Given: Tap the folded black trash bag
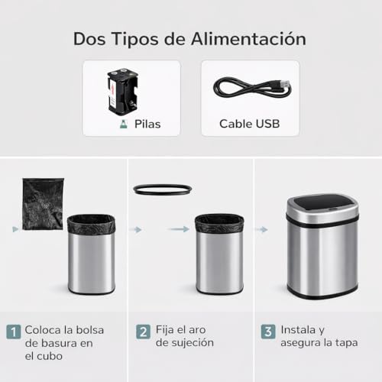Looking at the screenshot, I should (x=43, y=203).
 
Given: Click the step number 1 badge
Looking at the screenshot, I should (x=14, y=332).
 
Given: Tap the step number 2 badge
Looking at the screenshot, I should (x=143, y=332).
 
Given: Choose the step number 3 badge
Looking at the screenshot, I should (x=268, y=332).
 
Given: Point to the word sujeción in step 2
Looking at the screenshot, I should (x=190, y=343).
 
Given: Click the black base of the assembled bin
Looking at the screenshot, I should (x=322, y=293).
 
